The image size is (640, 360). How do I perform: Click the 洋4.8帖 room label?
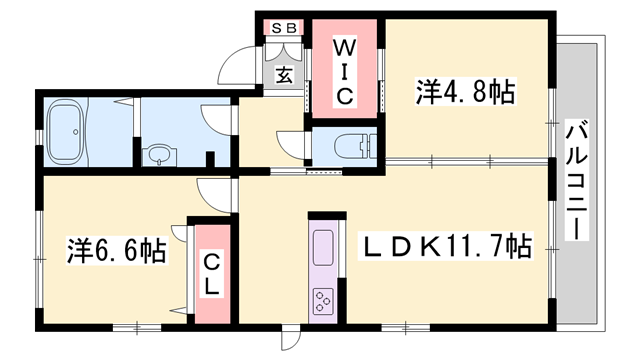465,94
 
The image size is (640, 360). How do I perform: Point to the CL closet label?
212,272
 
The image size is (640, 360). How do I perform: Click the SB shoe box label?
284,28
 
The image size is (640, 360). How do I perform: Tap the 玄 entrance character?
284,74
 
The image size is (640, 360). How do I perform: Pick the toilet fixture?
350,143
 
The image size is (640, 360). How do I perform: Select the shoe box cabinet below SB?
284,49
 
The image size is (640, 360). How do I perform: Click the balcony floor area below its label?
576,290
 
